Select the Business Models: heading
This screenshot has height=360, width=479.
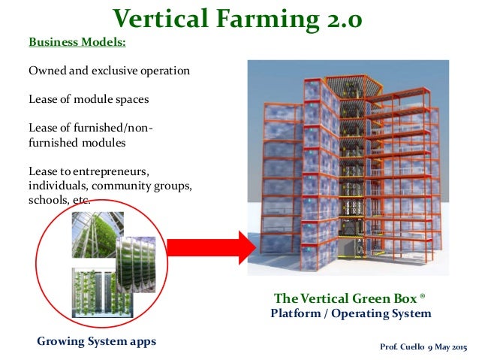click(77, 42)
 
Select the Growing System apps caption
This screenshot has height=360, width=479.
click(96, 341)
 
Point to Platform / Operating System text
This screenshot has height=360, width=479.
click(351, 313)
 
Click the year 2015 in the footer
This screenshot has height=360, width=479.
click(459, 346)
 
